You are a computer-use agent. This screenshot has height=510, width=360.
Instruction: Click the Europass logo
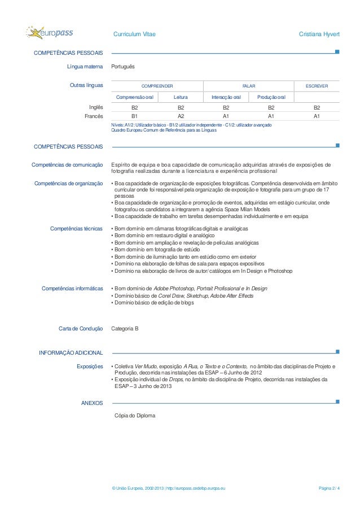tap(50, 33)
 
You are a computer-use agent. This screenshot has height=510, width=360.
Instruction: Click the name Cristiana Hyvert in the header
tap(319, 35)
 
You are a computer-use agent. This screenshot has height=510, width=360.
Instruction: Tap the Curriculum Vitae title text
tap(134, 35)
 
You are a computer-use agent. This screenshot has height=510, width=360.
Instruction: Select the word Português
tap(123, 67)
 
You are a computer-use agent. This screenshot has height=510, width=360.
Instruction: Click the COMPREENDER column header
tap(157, 86)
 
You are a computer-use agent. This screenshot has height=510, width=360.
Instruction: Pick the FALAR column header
tap(248, 86)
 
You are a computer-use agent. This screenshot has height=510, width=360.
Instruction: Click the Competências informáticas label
tap(72, 289)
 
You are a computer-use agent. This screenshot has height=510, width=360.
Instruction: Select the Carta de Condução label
tap(81, 328)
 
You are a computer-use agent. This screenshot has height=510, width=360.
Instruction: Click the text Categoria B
tap(125, 328)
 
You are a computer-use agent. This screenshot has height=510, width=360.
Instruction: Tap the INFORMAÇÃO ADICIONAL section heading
tap(70, 353)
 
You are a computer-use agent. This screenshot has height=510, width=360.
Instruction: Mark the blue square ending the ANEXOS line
tap(337, 402)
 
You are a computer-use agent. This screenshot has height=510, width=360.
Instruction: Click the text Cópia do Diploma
tap(134, 416)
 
